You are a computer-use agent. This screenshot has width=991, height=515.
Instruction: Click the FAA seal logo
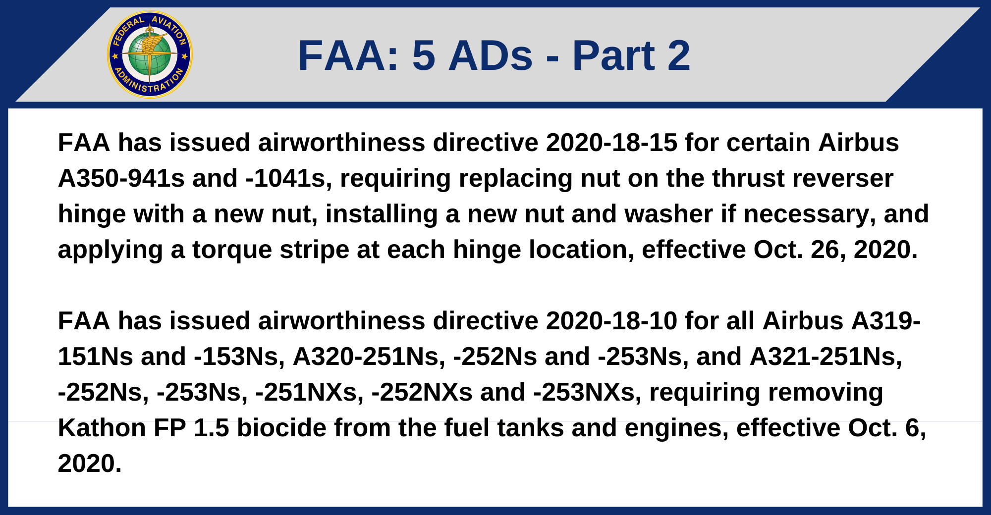[150, 54]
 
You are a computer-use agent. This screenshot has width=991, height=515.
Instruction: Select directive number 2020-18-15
[611, 143]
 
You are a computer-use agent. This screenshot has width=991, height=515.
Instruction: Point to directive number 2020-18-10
[611, 321]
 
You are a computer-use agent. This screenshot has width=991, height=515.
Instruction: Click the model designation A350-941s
[121, 178]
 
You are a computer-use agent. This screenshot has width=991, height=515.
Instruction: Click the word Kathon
[102, 428]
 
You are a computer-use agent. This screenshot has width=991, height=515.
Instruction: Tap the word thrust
[738, 178]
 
